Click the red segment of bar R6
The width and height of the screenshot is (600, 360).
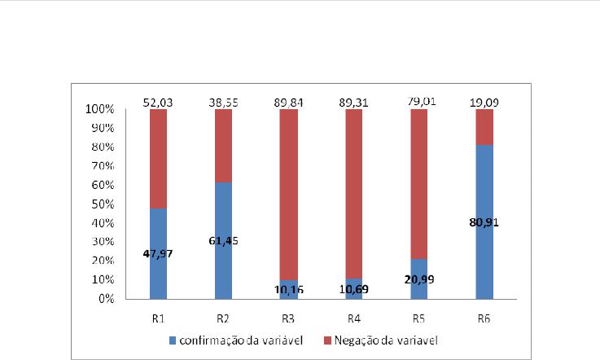483,126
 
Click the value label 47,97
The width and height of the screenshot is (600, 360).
159,253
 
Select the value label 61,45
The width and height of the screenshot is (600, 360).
224,240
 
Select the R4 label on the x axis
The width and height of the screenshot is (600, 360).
353,314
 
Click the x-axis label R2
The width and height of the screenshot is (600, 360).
224,314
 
